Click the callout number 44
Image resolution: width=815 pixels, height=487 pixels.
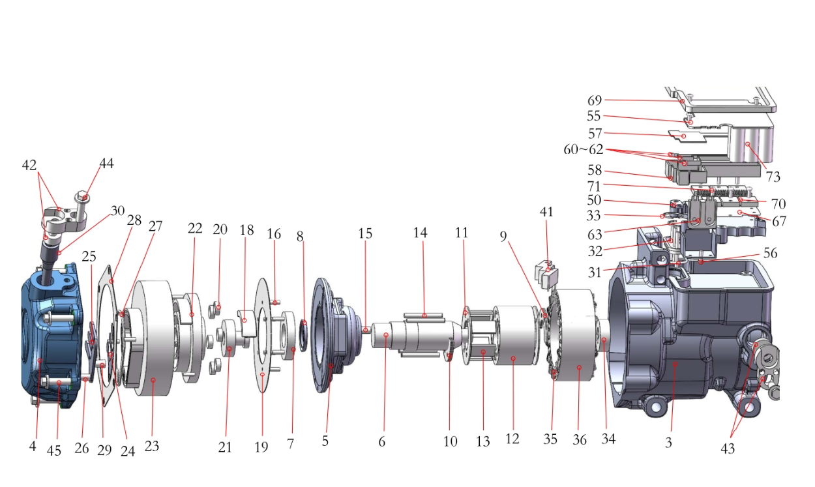coord(107,163)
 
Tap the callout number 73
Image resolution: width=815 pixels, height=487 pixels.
coord(773,177)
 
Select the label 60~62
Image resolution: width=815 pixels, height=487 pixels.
coord(584,149)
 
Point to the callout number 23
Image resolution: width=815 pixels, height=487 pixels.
coord(152,446)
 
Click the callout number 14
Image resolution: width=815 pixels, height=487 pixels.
coord(420,232)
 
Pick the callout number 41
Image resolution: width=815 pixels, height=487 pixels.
coord(546,212)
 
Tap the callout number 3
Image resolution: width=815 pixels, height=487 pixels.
coord(668,443)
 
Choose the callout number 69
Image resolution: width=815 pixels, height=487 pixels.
coord(595,100)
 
